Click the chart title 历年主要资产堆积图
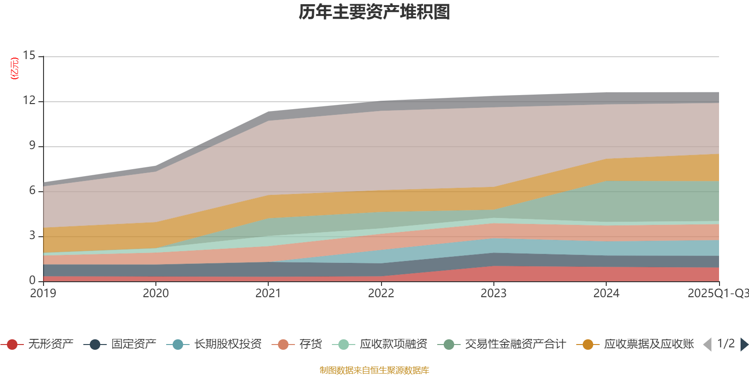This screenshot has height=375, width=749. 374,12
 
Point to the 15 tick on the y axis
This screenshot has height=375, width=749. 29,56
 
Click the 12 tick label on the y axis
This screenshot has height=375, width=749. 29,100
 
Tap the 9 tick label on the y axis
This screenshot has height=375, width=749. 32,145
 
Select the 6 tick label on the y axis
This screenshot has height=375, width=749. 32,190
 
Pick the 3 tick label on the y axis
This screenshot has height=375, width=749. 32,235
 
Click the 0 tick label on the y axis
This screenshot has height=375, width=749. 32,280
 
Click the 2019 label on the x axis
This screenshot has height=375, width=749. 43,293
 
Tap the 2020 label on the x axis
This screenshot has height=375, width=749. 155,293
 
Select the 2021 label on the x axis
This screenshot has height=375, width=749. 268,293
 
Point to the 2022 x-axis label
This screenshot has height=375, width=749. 381,293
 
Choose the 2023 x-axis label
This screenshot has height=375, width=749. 493,293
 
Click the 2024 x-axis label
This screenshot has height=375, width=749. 606,293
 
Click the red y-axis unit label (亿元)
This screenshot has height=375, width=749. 15,68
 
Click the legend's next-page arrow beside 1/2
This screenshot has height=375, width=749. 744,345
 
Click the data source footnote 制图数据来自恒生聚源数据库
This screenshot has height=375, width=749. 374,370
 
